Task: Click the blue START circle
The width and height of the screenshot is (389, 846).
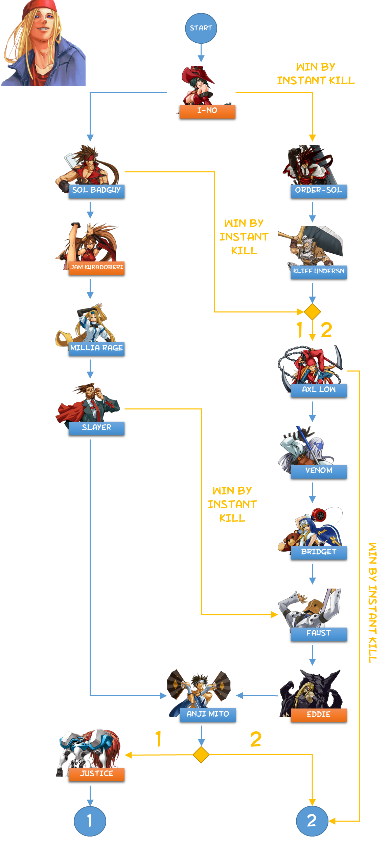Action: coord(201,28)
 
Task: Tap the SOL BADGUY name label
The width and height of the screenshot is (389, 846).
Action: coord(96,191)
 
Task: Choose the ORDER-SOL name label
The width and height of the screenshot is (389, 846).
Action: coord(319,191)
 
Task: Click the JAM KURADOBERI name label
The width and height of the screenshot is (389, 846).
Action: coord(96,268)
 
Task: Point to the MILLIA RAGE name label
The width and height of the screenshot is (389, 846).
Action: coord(96,348)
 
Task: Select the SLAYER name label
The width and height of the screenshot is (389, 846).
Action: coord(96,428)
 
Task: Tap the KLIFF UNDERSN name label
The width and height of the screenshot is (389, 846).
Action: coord(319,272)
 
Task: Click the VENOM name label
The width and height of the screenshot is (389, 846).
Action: coord(319,471)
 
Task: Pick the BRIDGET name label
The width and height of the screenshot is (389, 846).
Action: coord(319,552)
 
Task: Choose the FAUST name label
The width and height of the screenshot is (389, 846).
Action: coord(319,634)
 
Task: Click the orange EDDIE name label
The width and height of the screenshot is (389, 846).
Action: coord(319,715)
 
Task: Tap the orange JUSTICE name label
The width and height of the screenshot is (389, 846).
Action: coord(96,774)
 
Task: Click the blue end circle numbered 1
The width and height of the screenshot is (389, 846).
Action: coord(90,821)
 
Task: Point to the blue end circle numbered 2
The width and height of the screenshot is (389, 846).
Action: coord(312,821)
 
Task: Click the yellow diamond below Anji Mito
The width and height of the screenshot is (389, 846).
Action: coord(201,755)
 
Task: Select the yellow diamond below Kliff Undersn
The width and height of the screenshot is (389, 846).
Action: coord(312,312)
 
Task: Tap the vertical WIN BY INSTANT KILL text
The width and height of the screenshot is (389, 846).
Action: coord(372,603)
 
